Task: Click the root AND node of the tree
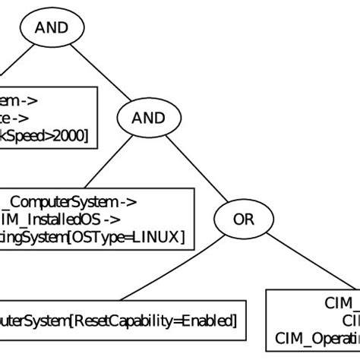coord(52,28)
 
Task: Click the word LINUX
coord(156,238)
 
